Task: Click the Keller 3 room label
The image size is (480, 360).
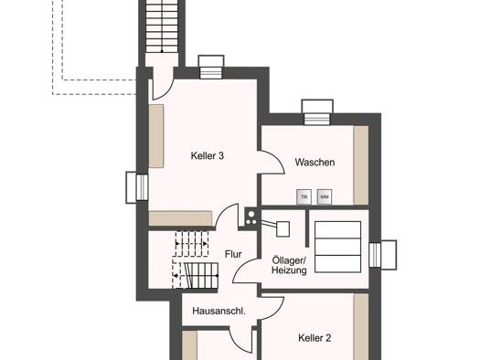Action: point(208,155)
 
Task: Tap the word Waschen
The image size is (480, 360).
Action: point(315,162)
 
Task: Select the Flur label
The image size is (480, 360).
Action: point(233,254)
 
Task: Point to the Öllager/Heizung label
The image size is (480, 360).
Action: point(289,265)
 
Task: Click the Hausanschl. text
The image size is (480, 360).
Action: point(219,311)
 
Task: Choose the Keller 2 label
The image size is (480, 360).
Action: point(315,338)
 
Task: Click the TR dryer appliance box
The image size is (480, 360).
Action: point(304,197)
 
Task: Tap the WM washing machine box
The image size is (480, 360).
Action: point(325,197)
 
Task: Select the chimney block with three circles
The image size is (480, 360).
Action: point(251,217)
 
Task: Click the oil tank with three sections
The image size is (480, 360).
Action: point(337,247)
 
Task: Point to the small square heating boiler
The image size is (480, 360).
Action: point(283,229)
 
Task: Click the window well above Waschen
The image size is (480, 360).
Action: point(317,112)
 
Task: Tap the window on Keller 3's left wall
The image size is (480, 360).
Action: point(137,187)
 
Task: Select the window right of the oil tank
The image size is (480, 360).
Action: point(383,255)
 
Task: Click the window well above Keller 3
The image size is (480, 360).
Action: point(211,67)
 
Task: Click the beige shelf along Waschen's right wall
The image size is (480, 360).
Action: point(361,165)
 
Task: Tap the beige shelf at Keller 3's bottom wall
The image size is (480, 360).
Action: point(181,218)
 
